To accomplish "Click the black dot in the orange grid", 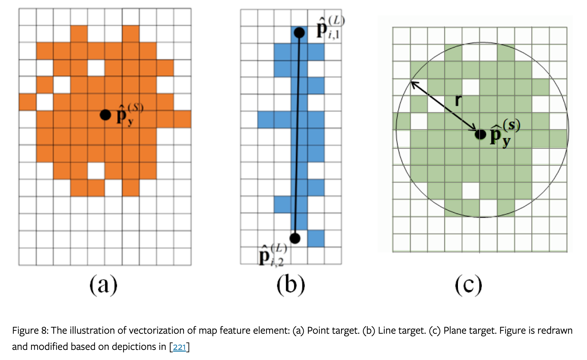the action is click(105, 115).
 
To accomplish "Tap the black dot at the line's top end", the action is click(299, 33).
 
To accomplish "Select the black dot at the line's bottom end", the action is click(295, 238).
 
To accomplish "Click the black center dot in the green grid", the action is click(480, 134).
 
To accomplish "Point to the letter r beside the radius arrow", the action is click(458, 100).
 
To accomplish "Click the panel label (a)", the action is click(103, 285).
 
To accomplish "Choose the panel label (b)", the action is click(290, 285).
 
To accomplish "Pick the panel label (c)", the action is click(468, 285).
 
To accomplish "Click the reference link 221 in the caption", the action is click(180, 347).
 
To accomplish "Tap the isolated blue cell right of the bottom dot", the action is click(316, 238).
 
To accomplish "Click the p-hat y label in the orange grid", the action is click(128, 115).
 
